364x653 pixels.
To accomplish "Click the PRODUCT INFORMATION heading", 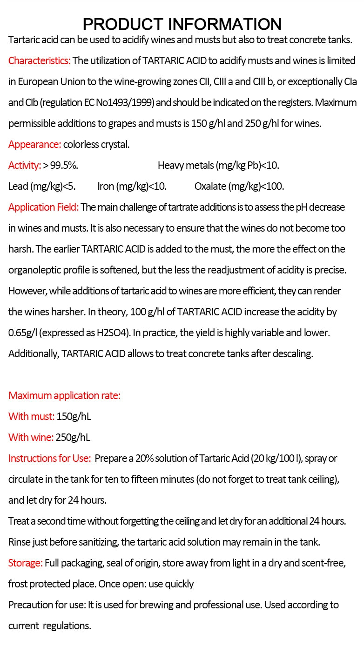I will (182, 24).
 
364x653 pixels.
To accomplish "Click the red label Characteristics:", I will (40, 60).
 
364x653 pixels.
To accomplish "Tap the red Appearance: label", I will (34, 144).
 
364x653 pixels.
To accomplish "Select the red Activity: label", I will (25, 165).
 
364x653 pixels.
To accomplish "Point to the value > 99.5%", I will (61, 165).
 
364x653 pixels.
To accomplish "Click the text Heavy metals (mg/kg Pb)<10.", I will (218, 165).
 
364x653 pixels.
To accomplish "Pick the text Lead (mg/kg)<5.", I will (42, 186).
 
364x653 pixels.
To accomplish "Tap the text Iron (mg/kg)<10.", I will (132, 186).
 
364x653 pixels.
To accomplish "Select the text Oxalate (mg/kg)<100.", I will (239, 186).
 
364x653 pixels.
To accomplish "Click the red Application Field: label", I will (43, 207).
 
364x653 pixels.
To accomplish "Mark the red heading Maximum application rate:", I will (64, 395).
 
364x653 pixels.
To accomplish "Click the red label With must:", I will (31, 416).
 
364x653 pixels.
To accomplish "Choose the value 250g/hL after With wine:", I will (73, 437).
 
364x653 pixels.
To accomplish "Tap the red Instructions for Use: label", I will (49, 458).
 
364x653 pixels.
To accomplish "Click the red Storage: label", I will (25, 563).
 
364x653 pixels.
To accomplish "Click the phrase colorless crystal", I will (96, 144).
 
